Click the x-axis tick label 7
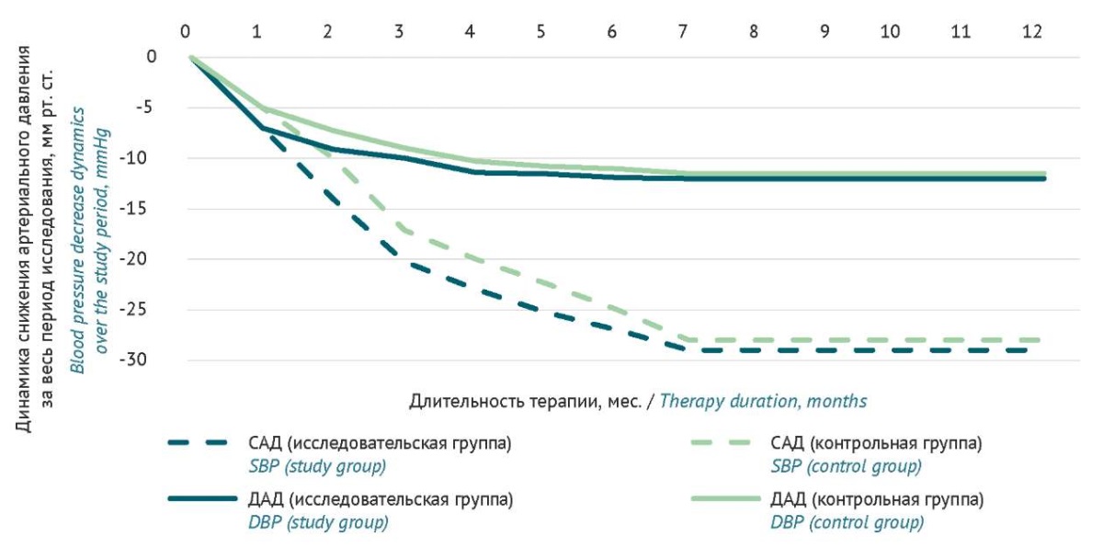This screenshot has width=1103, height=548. pyautogui.click(x=683, y=31)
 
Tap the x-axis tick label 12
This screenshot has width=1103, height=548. pyautogui.click(x=1032, y=31)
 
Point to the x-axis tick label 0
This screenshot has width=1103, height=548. pyautogui.click(x=187, y=31)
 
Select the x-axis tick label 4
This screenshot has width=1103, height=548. pyautogui.click(x=471, y=31)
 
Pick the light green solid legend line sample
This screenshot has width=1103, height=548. pyautogui.click(x=728, y=501)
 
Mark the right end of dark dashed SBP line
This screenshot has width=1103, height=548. pyautogui.click(x=1044, y=350)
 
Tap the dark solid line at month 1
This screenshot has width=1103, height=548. pyautogui.click(x=263, y=128)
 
